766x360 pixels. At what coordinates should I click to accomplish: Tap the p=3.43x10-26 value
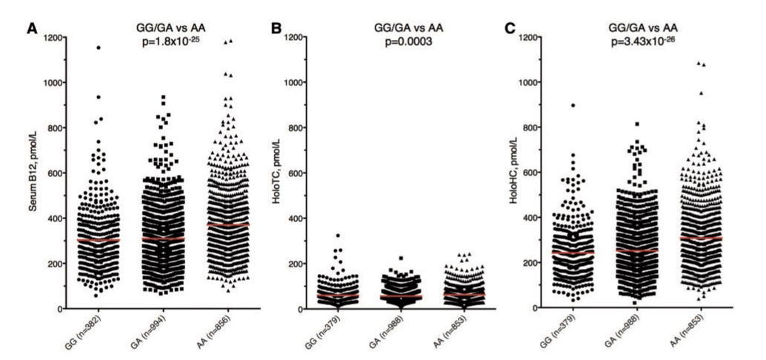click(662, 42)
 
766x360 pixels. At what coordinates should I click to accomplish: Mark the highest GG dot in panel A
click(98, 47)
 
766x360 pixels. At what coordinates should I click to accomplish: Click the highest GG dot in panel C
click(594, 105)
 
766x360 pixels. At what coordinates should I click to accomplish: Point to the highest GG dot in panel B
click(341, 236)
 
